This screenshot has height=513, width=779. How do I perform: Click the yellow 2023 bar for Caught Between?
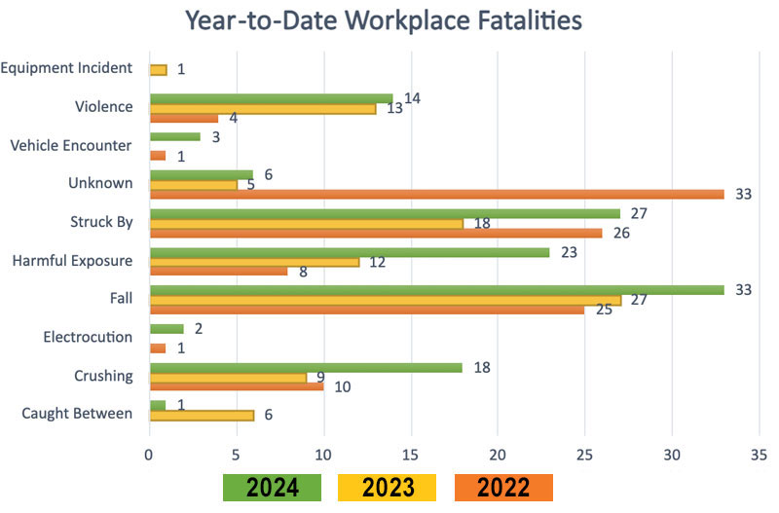[x=202, y=414]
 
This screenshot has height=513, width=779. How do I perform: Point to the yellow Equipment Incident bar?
[x=158, y=69]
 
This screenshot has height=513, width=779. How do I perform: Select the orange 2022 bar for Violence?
[x=183, y=118]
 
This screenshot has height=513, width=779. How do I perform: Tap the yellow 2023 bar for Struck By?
[x=306, y=223]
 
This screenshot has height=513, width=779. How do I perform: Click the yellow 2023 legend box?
[x=387, y=488]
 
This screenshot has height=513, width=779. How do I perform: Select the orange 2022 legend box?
[x=503, y=488]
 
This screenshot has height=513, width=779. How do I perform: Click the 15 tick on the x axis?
[x=411, y=453]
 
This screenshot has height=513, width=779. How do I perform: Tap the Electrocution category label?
[x=88, y=337]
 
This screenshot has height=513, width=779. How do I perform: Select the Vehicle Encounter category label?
[x=71, y=146]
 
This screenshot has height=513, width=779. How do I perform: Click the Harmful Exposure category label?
[x=72, y=260]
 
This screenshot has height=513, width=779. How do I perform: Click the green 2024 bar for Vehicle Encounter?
[x=174, y=137]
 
